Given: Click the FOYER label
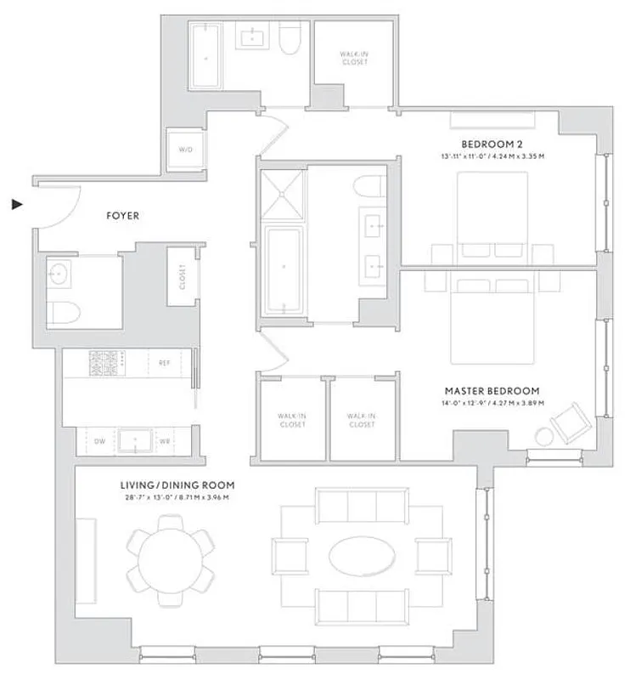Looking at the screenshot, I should pos(122,216).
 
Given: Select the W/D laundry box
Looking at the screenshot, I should pos(185,150).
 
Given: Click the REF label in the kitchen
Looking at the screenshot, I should pos(165,362).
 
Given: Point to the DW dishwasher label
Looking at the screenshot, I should pos(98,441).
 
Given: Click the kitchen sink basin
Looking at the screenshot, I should pos(134,440).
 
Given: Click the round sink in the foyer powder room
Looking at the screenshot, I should pos(59,274).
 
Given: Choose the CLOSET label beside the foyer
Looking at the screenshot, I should pos(182,275).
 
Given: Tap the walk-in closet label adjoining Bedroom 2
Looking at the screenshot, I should pos(353,58).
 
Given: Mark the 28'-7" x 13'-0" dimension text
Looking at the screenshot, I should pos(174,497).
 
